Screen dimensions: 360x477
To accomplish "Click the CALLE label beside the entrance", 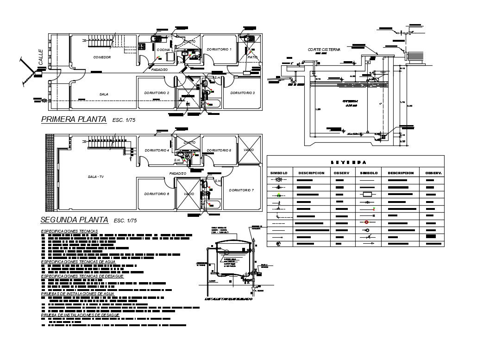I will coord(41,57).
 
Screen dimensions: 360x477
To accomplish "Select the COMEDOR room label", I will coord(102,57).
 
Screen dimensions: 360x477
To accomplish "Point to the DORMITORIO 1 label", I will coord(219,49).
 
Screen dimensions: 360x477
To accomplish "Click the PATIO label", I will coord(252,57).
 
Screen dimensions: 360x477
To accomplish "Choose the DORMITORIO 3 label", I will coord(242,93).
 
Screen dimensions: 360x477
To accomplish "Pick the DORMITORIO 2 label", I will coord(157,93).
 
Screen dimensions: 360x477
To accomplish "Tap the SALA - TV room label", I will coord(96,177).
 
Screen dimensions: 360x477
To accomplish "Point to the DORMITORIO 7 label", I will coord(241,190).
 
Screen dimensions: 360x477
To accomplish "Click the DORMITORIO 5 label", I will coord(219,150).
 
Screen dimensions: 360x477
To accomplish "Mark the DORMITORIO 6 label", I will coord(157,194).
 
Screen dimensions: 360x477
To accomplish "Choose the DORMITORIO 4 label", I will coord(157,150).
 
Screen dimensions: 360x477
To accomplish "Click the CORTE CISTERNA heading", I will coord(324,49).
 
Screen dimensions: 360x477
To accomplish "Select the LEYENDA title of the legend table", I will coord(355,162).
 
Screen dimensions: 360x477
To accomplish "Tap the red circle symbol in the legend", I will coord(367,222).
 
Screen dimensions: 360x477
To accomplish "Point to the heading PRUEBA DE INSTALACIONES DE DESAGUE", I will coord(80,315).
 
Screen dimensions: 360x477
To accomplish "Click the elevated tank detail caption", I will coord(229,299).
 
